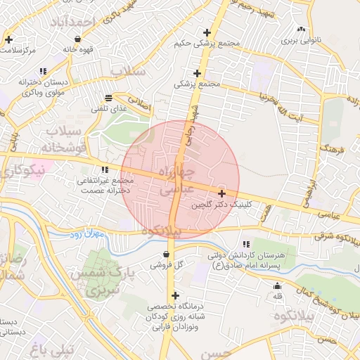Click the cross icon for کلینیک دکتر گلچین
[x=222, y=193]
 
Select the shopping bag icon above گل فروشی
[x=166, y=254]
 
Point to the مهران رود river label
[x=88, y=234]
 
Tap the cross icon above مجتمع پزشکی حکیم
[x=207, y=32]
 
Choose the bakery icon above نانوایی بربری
[x=302, y=29]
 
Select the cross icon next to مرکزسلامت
[x=8, y=39]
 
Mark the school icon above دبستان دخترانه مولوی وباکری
[x=44, y=71]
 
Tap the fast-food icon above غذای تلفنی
[x=108, y=98]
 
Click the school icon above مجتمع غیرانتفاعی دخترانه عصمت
[x=105, y=169]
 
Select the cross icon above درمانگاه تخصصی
[x=175, y=295]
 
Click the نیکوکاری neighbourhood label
[x=22, y=170]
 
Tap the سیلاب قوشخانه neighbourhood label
[x=65, y=140]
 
